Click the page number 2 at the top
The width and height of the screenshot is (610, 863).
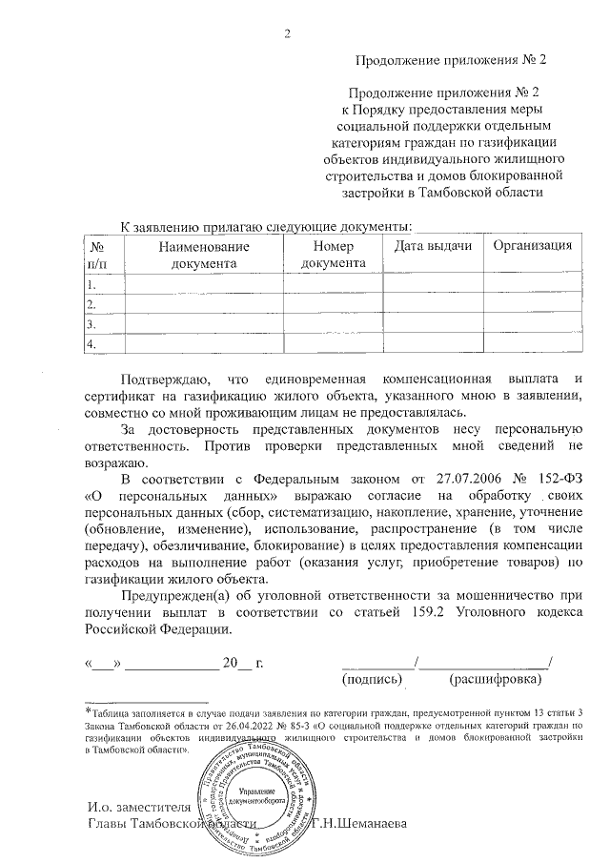[x=288, y=35]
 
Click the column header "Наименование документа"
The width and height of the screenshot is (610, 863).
[x=204, y=255]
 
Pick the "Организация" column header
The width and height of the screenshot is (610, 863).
[x=532, y=246]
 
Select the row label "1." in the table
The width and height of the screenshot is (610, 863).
[x=91, y=285]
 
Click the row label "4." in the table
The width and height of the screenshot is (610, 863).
[x=91, y=343]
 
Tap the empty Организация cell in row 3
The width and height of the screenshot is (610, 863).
[x=532, y=324]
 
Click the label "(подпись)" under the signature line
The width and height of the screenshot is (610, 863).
[x=371, y=679]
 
